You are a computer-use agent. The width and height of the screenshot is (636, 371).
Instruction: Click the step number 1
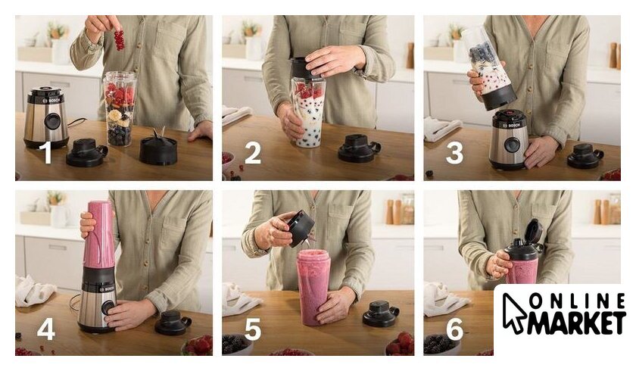(47, 152)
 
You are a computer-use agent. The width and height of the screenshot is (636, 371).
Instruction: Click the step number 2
(253, 153)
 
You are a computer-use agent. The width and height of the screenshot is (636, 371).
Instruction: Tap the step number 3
(454, 152)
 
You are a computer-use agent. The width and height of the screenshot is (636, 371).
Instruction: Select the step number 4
(46, 329)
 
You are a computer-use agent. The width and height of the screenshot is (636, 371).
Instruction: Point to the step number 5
(252, 329)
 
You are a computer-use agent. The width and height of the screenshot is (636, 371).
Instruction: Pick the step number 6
(454, 329)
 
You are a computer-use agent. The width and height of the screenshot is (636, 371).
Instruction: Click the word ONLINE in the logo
(577, 301)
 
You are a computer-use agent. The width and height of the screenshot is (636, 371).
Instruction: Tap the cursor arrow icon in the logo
(513, 312)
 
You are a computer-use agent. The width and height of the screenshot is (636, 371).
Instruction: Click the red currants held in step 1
(119, 40)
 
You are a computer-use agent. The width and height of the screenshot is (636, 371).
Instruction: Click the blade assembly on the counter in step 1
(158, 148)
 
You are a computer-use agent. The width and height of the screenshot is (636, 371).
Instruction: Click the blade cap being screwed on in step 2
(305, 67)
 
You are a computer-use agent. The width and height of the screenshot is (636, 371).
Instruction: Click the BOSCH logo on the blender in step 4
(108, 288)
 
